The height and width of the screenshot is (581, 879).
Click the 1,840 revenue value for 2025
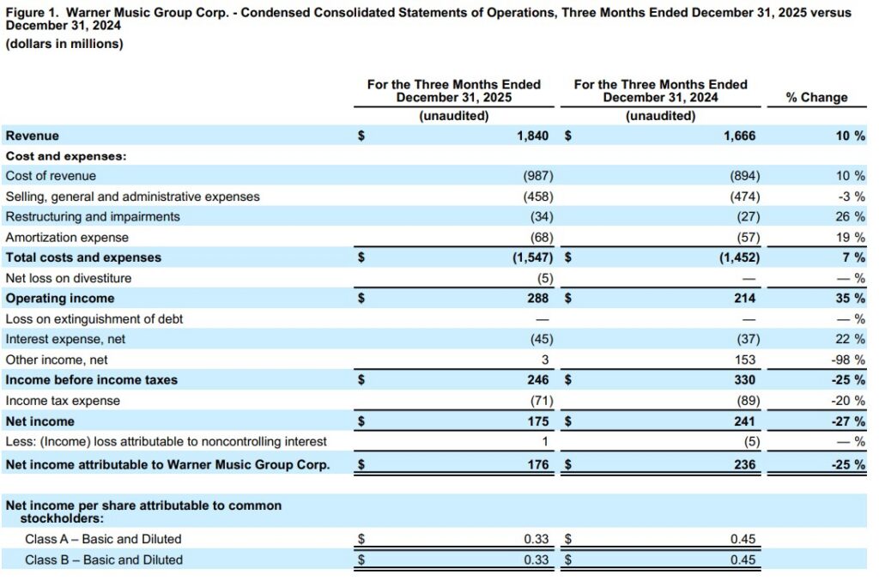click(x=537, y=136)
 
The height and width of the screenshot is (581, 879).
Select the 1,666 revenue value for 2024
click(x=743, y=136)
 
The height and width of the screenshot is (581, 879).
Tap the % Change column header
click(x=816, y=98)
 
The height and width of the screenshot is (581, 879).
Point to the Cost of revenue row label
click(x=51, y=176)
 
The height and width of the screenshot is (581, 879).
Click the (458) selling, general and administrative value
click(x=538, y=197)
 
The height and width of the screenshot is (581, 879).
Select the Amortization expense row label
click(x=67, y=238)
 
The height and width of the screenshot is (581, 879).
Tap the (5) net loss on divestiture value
click(x=543, y=278)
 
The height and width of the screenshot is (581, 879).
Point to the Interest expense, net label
click(x=65, y=340)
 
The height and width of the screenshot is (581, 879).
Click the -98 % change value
click(x=848, y=360)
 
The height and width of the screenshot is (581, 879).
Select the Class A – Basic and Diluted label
click(x=103, y=539)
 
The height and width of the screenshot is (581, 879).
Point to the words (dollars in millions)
click(x=64, y=44)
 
